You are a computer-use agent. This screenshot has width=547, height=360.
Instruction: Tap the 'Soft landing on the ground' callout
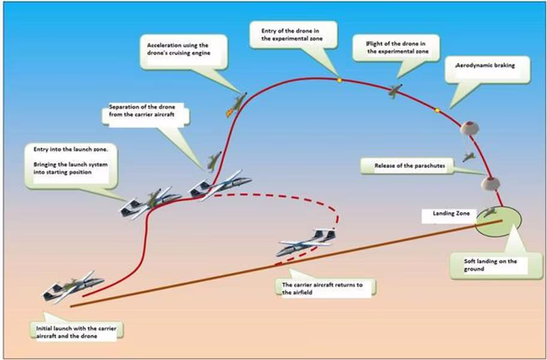tap(487, 265)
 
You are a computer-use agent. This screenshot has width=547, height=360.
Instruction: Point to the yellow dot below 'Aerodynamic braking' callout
tap(437, 109)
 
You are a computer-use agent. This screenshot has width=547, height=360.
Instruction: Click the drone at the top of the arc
tap(394, 91)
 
